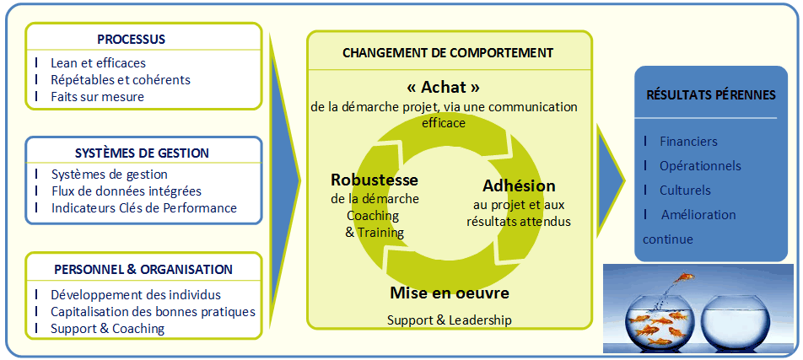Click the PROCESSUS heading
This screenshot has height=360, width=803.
coord(131,39)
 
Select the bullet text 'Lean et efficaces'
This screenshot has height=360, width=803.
coord(98,63)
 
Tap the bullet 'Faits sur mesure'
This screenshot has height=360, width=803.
coord(97,96)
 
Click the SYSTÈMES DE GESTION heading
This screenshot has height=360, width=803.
coord(142,153)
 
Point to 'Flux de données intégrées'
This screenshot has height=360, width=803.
coord(126,191)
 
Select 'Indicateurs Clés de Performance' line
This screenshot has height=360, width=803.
coord(143,207)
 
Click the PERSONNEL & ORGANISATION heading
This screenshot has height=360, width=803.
coord(143,270)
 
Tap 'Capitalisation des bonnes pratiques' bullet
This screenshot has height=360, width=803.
coord(152,312)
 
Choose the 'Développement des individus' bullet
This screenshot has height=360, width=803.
coord(135,295)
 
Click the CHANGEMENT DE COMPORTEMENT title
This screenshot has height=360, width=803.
coord(448,52)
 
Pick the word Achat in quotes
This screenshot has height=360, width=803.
coord(443,87)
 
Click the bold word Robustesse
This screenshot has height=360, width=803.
coord(375,180)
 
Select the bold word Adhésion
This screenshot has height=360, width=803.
coord(519,185)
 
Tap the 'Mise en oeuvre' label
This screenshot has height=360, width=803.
coord(449,293)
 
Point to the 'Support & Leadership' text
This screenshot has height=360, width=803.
coord(449,320)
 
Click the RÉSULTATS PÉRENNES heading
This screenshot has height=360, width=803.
coord(710,95)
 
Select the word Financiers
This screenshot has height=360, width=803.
coord(688,142)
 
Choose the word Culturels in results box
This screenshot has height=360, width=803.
coord(685,190)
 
